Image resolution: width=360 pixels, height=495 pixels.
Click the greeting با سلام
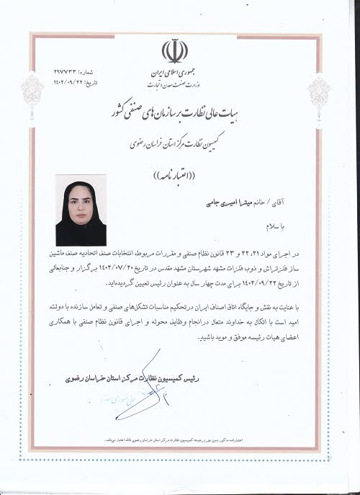[294, 226]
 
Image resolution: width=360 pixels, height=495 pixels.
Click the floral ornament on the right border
[320, 94]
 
